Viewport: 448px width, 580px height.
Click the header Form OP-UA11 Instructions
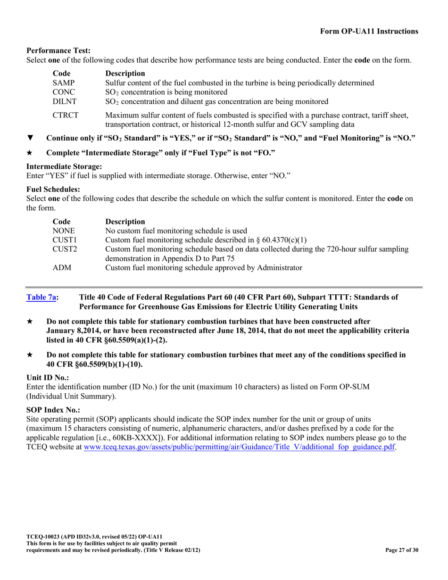click(369, 31)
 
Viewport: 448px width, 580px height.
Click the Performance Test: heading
click(58, 50)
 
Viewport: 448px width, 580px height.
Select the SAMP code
click(64, 83)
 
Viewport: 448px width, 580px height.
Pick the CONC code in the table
click(64, 92)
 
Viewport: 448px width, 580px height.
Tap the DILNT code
click(65, 101)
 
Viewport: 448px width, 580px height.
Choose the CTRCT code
click(66, 115)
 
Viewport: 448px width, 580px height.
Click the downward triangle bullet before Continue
click(30, 138)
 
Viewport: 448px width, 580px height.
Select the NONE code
click(64, 231)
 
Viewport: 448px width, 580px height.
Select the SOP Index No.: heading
click(53, 410)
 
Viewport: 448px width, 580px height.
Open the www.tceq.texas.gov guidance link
click(239, 447)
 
